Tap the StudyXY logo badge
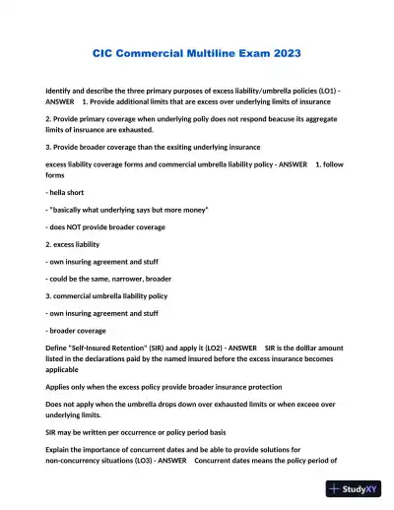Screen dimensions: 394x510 (355, 488)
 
